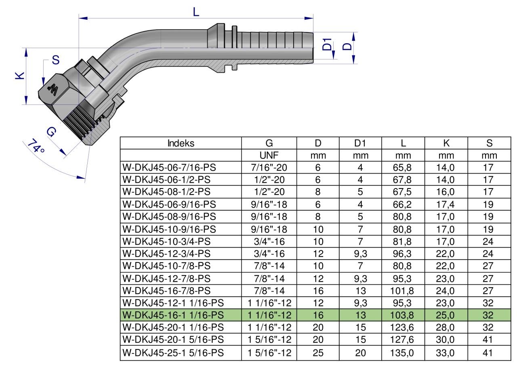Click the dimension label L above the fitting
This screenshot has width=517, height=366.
click(x=196, y=12)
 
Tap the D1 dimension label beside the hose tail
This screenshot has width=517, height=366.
click(x=327, y=44)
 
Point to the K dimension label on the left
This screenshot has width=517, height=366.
click(x=20, y=76)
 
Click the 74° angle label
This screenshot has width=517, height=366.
click(x=36, y=146)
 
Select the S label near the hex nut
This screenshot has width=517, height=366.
click(x=56, y=60)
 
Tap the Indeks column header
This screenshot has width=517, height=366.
click(x=181, y=143)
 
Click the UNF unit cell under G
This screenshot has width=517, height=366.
click(x=269, y=155)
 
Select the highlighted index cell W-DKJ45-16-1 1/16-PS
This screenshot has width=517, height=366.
click(x=173, y=315)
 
